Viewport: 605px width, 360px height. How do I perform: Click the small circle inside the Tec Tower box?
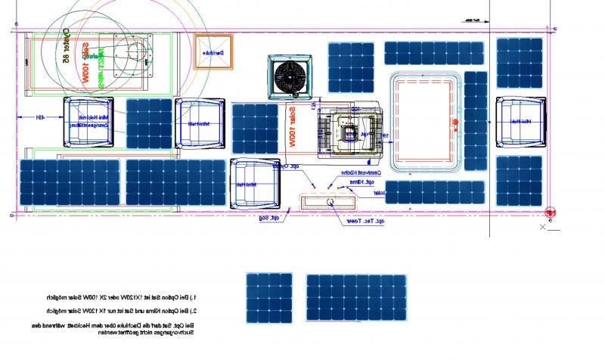(330, 202)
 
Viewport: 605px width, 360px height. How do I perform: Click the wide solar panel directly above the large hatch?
(433, 53)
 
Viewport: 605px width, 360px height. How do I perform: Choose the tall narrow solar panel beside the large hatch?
(476, 122)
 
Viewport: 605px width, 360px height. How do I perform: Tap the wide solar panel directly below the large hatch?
(433, 191)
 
